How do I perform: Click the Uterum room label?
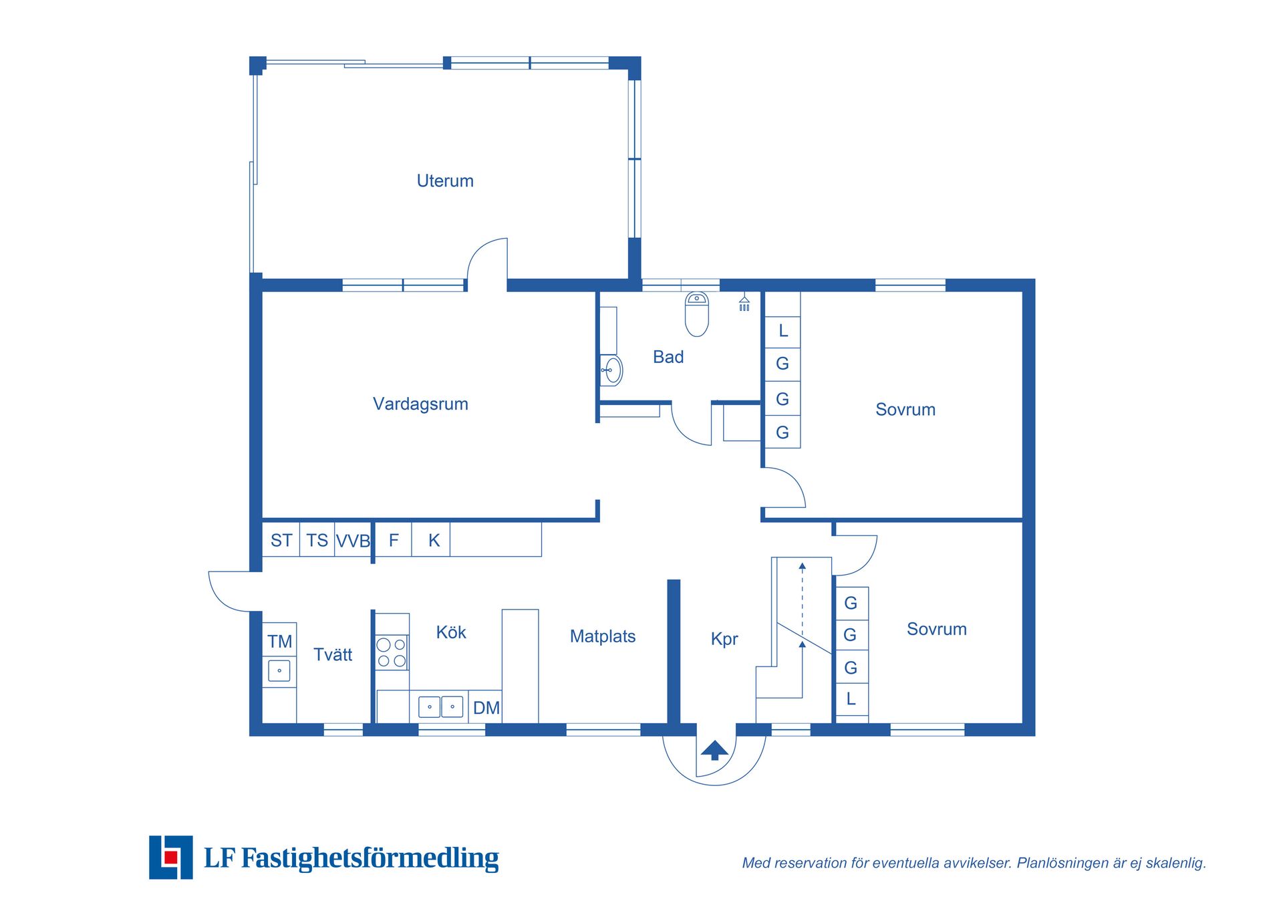(445, 181)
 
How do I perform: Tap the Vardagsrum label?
(420, 404)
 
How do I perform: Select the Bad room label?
(668, 357)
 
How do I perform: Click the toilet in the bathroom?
(697, 313)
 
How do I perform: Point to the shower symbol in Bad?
(744, 303)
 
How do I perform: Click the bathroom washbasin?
(611, 370)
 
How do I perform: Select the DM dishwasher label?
(486, 708)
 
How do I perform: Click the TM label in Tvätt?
(280, 642)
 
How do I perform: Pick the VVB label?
(353, 541)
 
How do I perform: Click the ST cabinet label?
(281, 540)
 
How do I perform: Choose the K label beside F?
(434, 540)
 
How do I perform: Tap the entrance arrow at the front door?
(714, 750)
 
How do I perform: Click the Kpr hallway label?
(724, 639)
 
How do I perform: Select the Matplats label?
(603, 636)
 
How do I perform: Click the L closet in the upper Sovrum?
(783, 330)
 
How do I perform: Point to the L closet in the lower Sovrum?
(851, 699)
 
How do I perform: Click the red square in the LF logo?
(171, 857)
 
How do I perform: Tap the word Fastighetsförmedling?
(370, 858)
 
